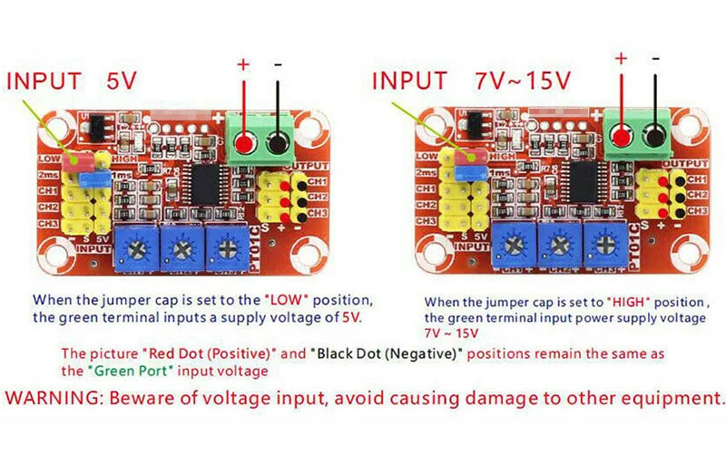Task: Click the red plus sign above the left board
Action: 242,64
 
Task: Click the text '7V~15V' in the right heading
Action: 524,81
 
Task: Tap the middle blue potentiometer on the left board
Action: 181,246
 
